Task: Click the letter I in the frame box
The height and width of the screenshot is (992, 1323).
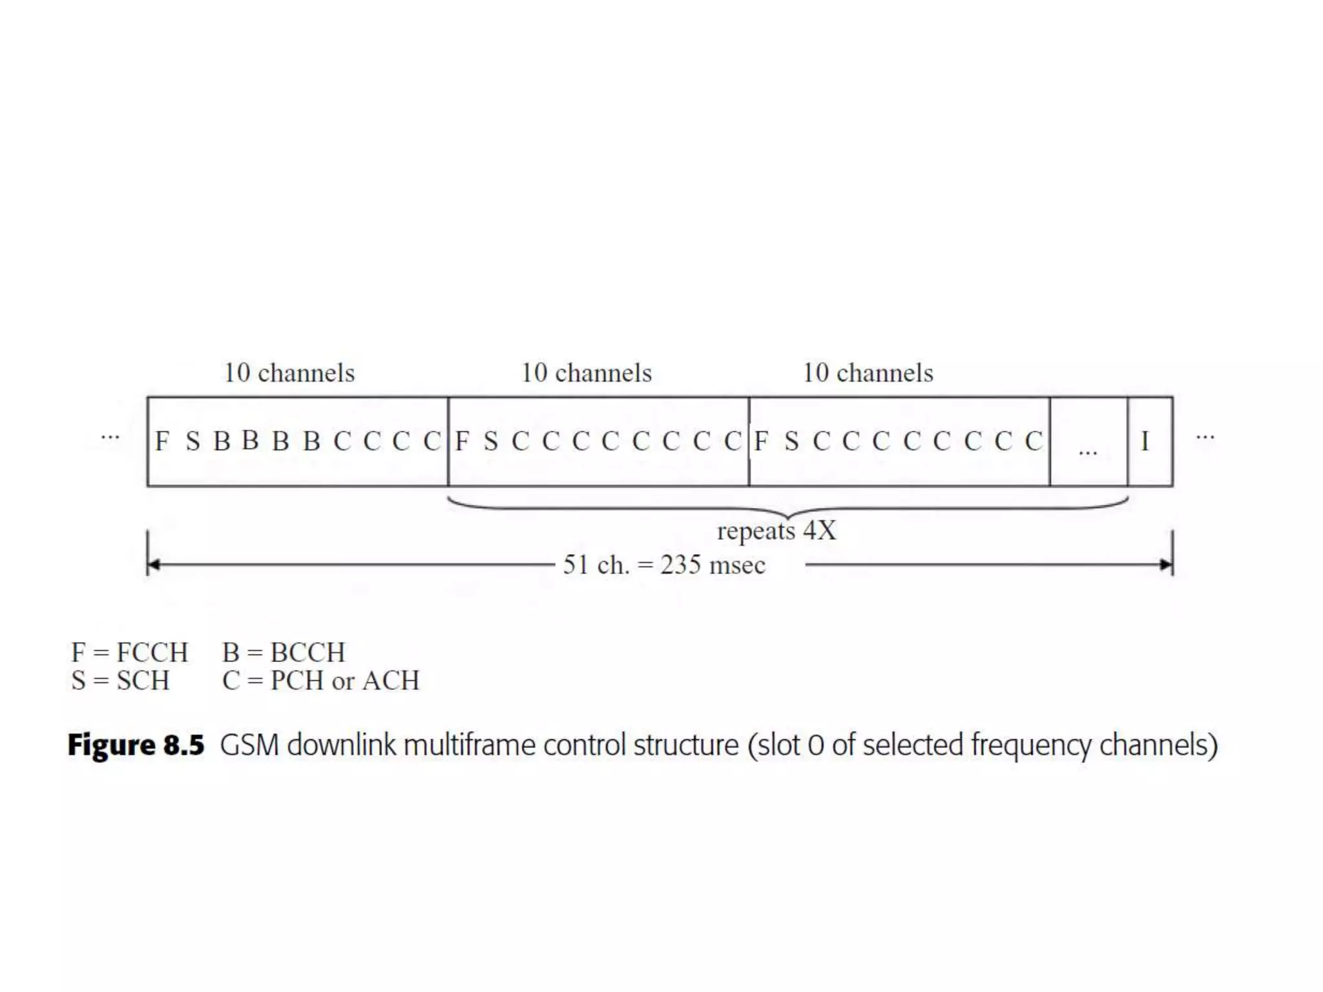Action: pyautogui.click(x=1145, y=442)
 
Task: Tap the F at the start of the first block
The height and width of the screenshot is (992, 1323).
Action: pyautogui.click(x=162, y=442)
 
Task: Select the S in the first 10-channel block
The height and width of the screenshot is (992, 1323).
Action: pyautogui.click(x=193, y=442)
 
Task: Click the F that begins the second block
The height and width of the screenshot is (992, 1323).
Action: pyautogui.click(x=462, y=442)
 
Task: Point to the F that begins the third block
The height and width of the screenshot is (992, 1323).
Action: pyautogui.click(x=761, y=442)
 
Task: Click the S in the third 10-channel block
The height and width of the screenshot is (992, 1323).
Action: pyautogui.click(x=791, y=442)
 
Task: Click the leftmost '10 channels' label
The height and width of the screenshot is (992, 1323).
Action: pyautogui.click(x=289, y=373)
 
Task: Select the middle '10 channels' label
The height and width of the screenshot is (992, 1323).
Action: pyautogui.click(x=587, y=373)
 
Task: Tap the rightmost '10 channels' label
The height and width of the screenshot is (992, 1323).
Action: pyautogui.click(x=868, y=373)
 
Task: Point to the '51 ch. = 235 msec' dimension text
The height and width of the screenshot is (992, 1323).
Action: pyautogui.click(x=664, y=565)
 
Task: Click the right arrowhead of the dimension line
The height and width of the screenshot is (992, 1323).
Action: pyautogui.click(x=1166, y=565)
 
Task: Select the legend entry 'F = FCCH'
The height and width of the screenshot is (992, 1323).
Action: pyautogui.click(x=129, y=652)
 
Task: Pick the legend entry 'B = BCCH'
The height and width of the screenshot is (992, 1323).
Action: pyautogui.click(x=284, y=652)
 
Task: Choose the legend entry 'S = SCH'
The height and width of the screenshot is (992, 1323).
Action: pyautogui.click(x=120, y=681)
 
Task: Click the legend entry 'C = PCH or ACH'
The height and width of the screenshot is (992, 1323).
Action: pyautogui.click(x=320, y=681)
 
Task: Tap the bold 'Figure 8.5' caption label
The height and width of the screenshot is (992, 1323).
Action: pyautogui.click(x=136, y=745)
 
